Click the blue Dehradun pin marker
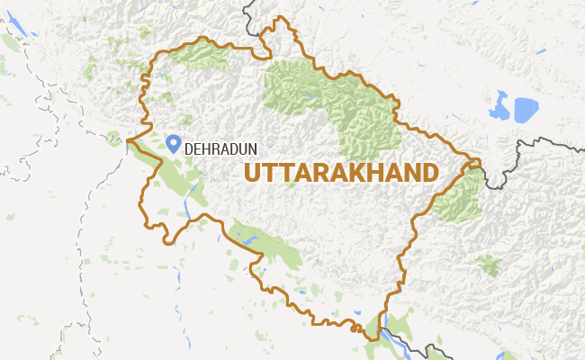pos(174,142)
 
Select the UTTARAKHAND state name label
pos(341,173)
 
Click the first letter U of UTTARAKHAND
pos(252,173)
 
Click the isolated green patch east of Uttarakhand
pos(489,265)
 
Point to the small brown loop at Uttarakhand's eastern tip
pos(472,166)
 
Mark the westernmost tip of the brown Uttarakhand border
pos(128,140)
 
